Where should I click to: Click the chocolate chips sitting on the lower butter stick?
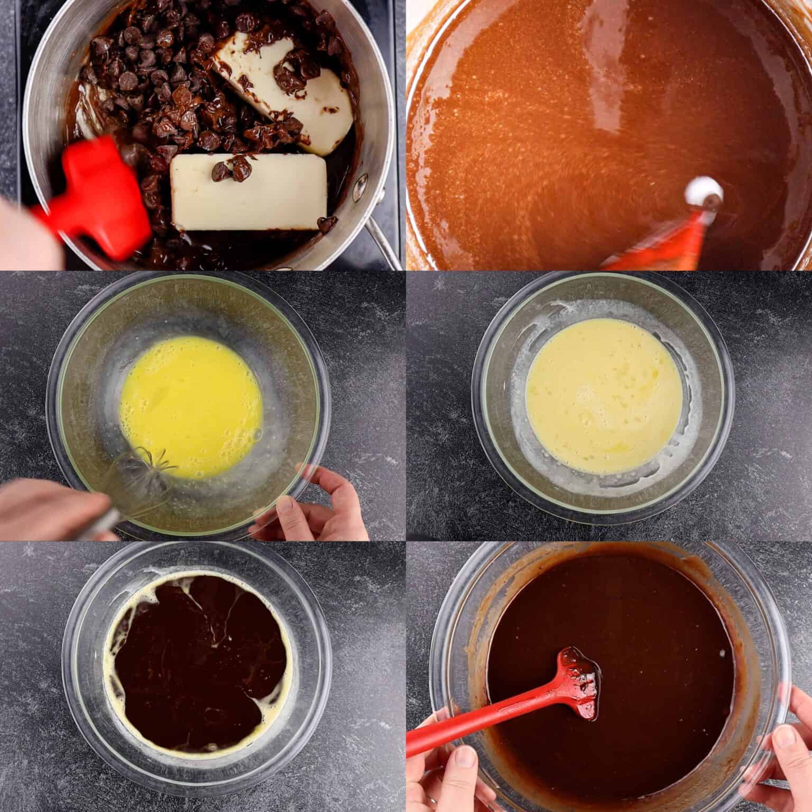[233, 169]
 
